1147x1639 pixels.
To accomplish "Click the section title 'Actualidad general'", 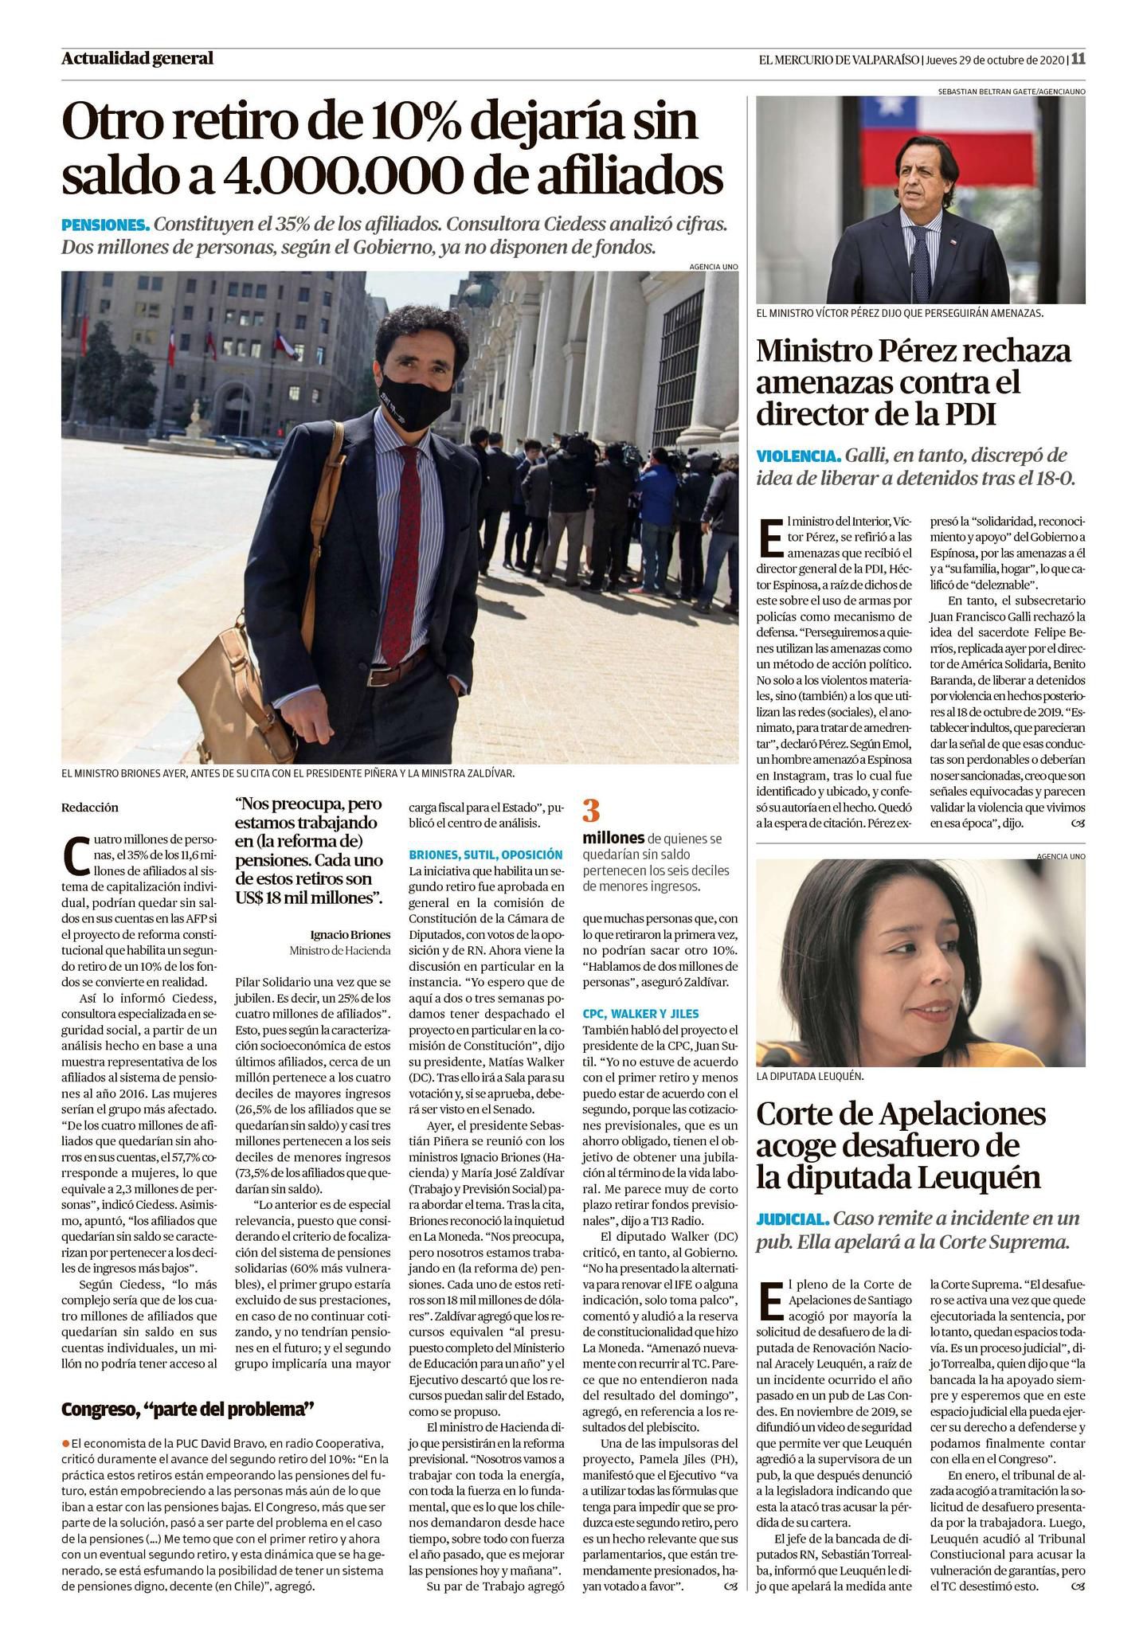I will pos(137,58).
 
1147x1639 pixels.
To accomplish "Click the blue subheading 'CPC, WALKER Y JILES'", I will pos(640,1014).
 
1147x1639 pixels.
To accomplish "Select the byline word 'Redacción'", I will pos(89,808).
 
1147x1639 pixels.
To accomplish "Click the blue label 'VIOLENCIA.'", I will pos(798,456).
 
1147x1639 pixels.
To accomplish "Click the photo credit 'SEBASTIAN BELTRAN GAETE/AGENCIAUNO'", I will pos(1012,92).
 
